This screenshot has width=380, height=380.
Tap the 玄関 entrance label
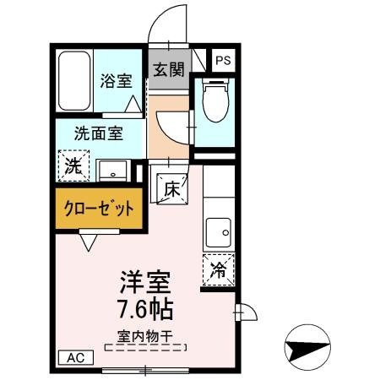click(169, 70)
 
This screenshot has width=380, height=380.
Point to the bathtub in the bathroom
click(73, 81)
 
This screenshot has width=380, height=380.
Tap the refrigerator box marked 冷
click(219, 271)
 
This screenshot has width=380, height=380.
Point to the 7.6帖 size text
click(143, 306)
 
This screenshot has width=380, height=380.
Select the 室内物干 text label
click(144, 335)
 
